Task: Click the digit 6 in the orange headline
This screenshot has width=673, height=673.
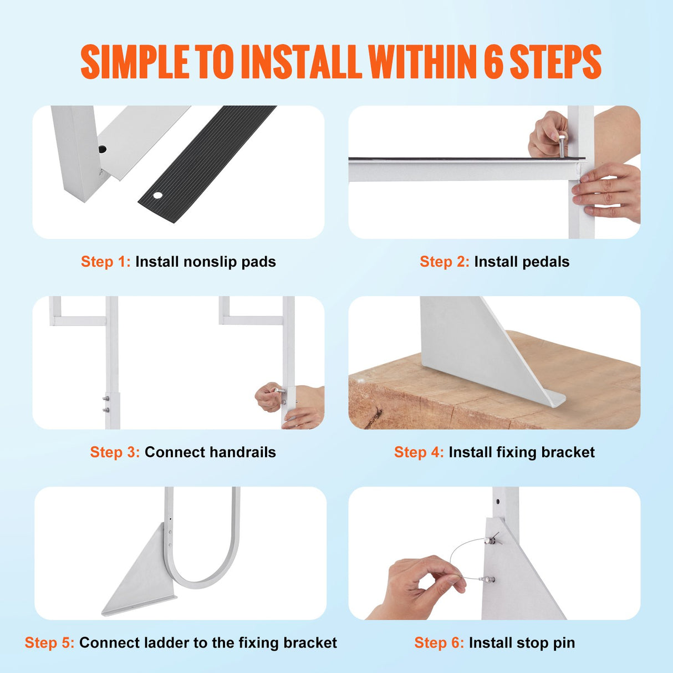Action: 493,62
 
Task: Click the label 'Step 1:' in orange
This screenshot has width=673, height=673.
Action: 105,262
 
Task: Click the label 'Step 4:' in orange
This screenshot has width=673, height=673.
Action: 419,452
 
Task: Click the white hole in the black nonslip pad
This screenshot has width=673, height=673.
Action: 157,195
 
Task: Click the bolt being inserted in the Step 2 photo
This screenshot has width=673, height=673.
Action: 562,146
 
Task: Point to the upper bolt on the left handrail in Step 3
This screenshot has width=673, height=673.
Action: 105,399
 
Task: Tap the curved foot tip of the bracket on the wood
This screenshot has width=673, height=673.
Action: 554,399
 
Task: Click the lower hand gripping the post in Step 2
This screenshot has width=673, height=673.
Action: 606,194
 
